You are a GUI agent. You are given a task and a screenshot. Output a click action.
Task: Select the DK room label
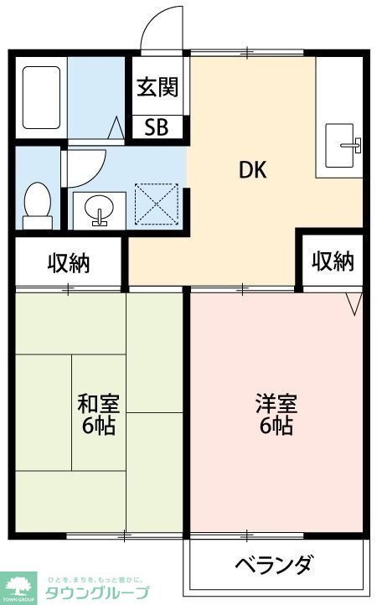[x=252, y=170]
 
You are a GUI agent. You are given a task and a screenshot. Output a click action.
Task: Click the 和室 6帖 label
[x=98, y=413]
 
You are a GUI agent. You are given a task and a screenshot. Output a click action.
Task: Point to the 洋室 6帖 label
[x=275, y=413]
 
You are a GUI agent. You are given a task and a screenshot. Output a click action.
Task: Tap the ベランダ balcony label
[x=274, y=564]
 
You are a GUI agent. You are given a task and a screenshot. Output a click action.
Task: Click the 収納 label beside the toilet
[x=68, y=263]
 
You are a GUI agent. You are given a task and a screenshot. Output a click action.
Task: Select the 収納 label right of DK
[x=333, y=262]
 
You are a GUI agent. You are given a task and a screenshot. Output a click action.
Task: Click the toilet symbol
[x=37, y=205]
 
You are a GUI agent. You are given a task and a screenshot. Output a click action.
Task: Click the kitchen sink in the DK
[x=342, y=146]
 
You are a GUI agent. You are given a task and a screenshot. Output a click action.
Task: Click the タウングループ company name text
[x=97, y=593]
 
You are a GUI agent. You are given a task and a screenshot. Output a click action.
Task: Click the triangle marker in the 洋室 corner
[x=353, y=302]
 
